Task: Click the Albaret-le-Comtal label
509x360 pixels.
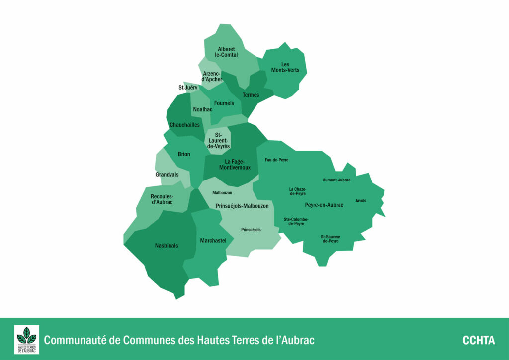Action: [x=226, y=52]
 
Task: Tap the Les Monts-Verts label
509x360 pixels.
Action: [x=285, y=67]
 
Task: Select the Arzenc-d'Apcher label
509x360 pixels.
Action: [x=212, y=77]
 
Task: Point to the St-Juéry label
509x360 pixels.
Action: [x=188, y=88]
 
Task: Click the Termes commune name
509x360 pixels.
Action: [x=251, y=95]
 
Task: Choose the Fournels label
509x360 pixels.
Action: [x=224, y=103]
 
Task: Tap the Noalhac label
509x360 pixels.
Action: [x=202, y=109]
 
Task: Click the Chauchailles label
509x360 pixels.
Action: [x=184, y=125]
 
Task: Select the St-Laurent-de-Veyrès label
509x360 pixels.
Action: [x=217, y=141]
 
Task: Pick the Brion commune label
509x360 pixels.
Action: [x=184, y=154]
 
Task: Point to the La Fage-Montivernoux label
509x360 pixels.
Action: [x=235, y=165]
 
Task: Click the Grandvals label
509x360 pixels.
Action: [x=167, y=175]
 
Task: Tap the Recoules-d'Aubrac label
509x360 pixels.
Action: [x=162, y=199]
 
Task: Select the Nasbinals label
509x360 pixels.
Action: [x=167, y=246]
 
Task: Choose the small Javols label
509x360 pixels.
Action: [x=361, y=201]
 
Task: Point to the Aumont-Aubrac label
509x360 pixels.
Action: [x=337, y=180]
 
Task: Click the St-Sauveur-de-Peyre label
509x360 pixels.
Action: [x=330, y=239]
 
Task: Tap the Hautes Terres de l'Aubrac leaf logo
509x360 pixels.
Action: [x=26, y=340]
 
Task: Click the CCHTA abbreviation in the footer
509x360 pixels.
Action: [x=478, y=341]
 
